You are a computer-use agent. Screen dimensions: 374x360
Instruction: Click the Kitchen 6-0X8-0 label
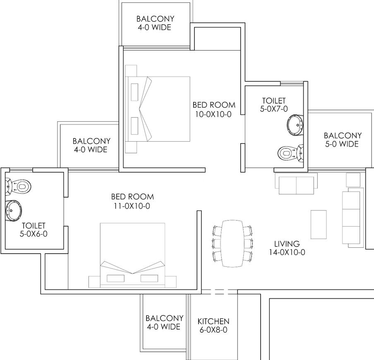(213, 326)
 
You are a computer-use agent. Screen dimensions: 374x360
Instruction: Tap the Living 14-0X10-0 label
(287, 248)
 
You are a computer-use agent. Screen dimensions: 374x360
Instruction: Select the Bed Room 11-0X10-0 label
(132, 201)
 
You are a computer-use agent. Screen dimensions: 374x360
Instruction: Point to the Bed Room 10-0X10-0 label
(214, 109)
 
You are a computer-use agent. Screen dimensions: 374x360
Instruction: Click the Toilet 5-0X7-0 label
(274, 105)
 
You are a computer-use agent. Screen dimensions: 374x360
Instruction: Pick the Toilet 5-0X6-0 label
(34, 230)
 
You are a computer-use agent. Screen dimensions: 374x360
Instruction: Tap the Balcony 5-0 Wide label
(343, 140)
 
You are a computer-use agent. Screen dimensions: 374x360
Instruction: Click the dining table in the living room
(233, 244)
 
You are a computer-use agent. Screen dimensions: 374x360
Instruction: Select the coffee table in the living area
(319, 225)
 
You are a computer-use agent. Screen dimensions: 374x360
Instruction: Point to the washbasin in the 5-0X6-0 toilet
(14, 211)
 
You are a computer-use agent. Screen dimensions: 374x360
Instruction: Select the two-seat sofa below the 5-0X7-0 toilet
(296, 184)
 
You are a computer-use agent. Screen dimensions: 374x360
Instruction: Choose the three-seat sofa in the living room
(351, 217)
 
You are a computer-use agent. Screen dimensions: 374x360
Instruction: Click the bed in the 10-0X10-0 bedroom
(158, 109)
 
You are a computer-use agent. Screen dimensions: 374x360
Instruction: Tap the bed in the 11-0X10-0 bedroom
(132, 255)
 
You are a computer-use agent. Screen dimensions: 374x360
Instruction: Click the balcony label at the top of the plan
(155, 23)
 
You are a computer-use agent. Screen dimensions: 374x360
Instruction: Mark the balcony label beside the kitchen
(164, 322)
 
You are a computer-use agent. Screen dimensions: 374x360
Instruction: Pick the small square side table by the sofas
(353, 180)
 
